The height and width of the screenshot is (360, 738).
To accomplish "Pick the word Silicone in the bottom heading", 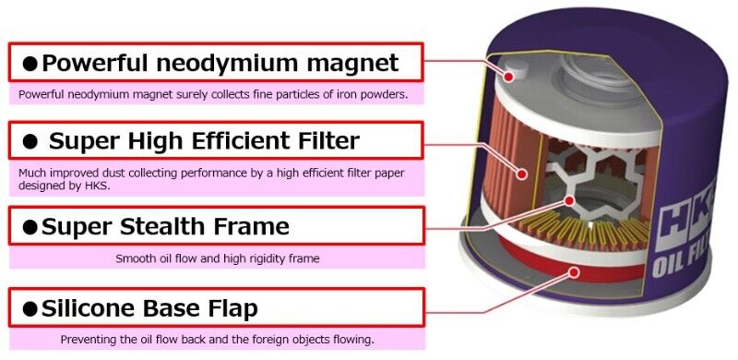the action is coord(96,308).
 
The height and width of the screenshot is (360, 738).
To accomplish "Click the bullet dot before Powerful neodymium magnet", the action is coord(30,64).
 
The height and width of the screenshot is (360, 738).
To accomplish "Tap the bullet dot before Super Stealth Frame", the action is coord(30,227).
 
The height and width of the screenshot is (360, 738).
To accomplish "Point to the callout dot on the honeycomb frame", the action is coord(570,199).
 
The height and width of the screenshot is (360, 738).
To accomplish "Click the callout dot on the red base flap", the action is coord(575,271).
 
